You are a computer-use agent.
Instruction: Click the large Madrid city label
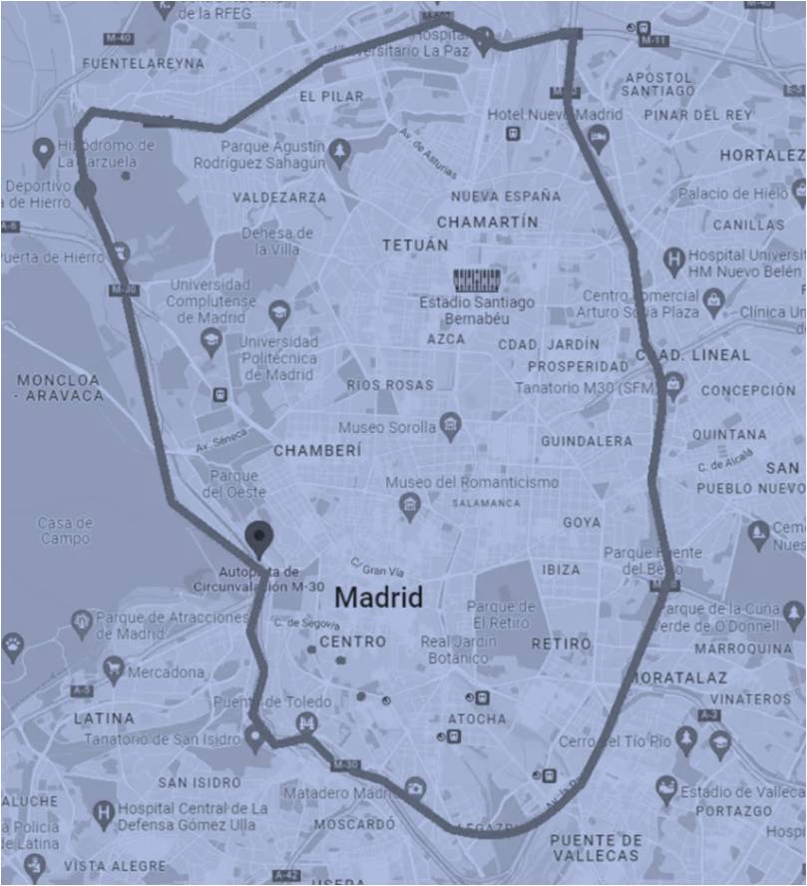[x=378, y=598]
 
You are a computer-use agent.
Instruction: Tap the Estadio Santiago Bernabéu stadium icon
[x=475, y=278]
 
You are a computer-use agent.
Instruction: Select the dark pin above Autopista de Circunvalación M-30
[x=259, y=538]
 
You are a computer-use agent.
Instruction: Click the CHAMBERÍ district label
[x=317, y=450]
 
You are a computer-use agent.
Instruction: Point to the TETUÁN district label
[x=415, y=244]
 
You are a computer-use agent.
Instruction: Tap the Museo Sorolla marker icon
[x=451, y=427]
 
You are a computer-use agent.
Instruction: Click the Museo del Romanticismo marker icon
[x=409, y=506]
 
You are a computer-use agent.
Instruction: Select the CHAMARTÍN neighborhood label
[x=487, y=221]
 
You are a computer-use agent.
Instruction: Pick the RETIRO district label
[x=561, y=644]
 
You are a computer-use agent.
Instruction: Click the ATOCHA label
[x=477, y=718]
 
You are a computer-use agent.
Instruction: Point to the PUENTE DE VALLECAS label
[x=596, y=847]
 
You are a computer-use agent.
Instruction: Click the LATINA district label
[x=104, y=717]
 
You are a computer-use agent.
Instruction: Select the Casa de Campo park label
[x=66, y=530]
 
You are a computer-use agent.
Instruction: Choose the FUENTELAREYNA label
[x=144, y=63]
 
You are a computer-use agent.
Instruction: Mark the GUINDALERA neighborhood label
[x=587, y=440]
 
